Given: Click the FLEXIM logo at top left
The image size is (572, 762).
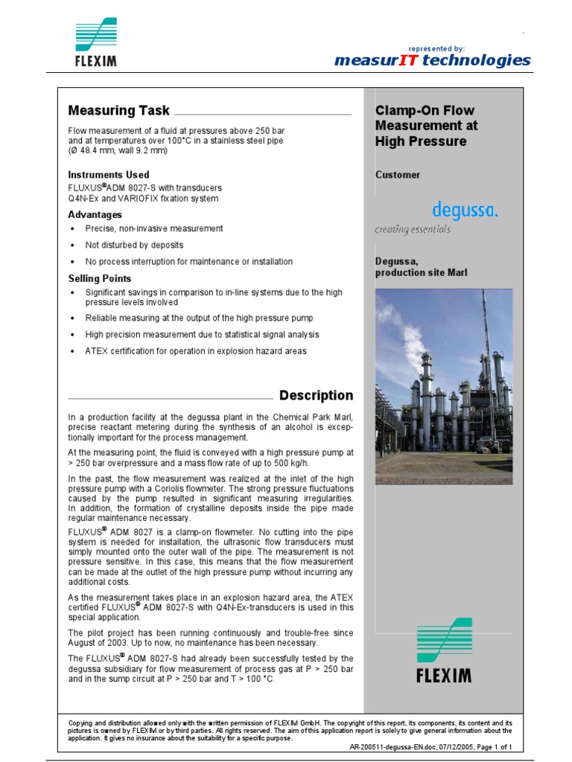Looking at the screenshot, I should pos(96,44).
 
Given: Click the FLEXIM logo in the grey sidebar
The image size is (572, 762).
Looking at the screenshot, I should pos(443,650).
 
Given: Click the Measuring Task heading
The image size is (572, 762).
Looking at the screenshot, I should pos(118,110).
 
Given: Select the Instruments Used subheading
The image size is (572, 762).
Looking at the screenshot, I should pos(109,175).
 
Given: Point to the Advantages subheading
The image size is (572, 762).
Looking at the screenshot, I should pos(95,215).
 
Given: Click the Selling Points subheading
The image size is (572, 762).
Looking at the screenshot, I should pos(100,278).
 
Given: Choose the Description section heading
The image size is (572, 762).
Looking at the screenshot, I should pos(316,395).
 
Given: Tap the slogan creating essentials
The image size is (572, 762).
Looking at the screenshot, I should pos(412,230).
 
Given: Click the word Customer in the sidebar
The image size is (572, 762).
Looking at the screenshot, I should pos(398,175).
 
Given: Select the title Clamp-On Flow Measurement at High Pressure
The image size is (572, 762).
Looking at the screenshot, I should pos(426,126).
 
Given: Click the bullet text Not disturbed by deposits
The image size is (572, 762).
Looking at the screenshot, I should pos(134,245).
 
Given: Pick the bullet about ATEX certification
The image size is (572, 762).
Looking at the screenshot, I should pos(195,351).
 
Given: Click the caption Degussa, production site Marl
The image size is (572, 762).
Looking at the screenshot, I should pos(421,267).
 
